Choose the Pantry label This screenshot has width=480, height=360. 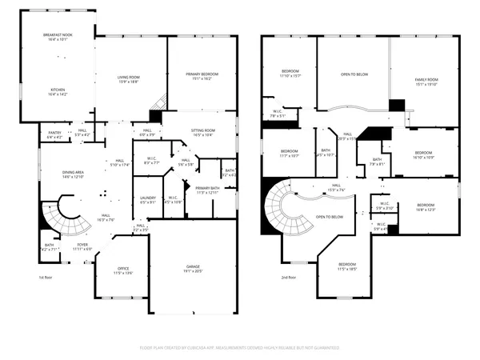click(x=54, y=134)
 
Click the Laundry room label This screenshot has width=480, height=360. click(x=147, y=200)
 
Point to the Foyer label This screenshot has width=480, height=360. click(x=82, y=247)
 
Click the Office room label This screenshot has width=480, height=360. click(x=122, y=270)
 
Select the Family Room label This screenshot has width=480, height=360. click(x=426, y=82)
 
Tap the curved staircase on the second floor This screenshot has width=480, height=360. click(x=284, y=212)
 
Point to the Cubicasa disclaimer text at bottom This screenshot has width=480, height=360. click(x=239, y=348)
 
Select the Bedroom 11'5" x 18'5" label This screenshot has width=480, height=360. click(x=346, y=266)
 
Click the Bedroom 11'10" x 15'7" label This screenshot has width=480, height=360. click(x=289, y=74)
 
